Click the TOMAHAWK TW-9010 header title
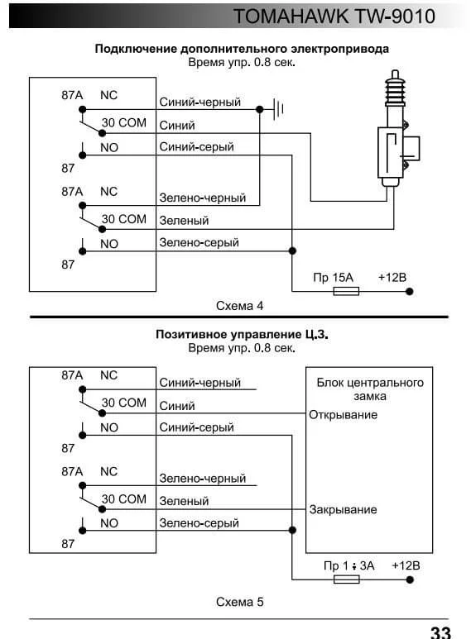click(334, 17)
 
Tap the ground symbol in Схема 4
click(278, 109)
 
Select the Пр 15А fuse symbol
click(346, 291)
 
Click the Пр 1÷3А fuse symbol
click(347, 579)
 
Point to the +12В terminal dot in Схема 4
click(410, 291)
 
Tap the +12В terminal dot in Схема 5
click(411, 579)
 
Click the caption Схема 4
click(239, 306)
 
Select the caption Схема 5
click(239, 602)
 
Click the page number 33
click(440, 632)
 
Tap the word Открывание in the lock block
click(343, 415)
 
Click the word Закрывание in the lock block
click(343, 509)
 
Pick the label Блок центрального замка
click(370, 389)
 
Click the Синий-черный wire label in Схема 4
click(200, 102)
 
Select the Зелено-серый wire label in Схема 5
click(199, 522)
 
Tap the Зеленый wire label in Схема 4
click(184, 221)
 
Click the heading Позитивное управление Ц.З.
click(242, 335)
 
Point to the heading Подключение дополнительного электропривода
click(242, 49)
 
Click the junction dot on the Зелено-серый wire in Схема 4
click(292, 251)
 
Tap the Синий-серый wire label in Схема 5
click(196, 427)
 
